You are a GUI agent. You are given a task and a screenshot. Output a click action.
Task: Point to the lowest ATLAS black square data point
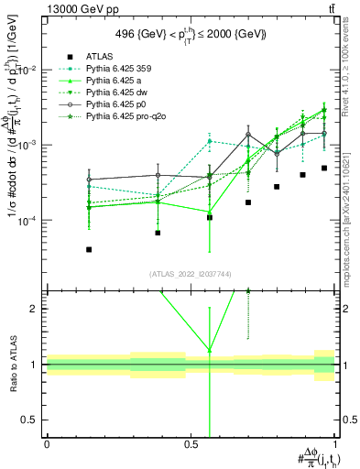[89, 249]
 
